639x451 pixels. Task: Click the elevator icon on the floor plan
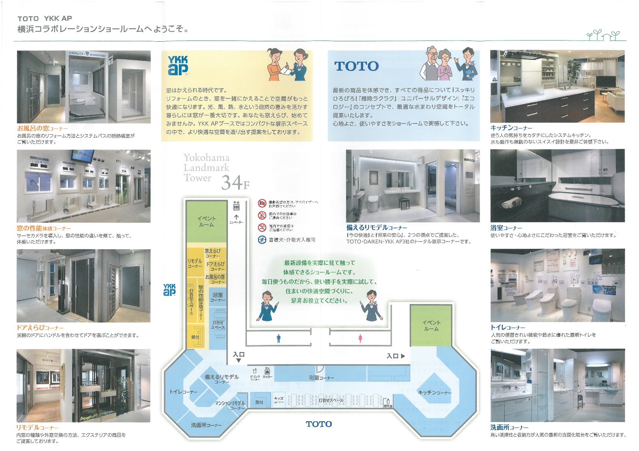[236, 206]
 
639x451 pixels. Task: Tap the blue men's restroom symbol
[279, 339]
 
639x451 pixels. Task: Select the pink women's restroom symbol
[360, 339]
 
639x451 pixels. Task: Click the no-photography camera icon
[262, 203]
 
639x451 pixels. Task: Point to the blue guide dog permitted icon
[262, 240]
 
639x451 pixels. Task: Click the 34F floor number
[235, 182]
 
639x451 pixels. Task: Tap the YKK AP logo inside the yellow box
[178, 66]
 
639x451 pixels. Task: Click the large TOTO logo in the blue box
[356, 66]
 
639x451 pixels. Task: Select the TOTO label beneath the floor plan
[319, 424]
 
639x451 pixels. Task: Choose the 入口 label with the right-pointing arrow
[396, 356]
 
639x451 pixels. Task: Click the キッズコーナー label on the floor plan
[279, 400]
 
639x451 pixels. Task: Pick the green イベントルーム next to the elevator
[206, 221]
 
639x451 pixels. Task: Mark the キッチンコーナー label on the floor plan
[435, 392]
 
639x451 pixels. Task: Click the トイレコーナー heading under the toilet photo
[508, 328]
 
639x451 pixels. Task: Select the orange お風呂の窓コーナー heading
[42, 128]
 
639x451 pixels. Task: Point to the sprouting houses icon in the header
[603, 35]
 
